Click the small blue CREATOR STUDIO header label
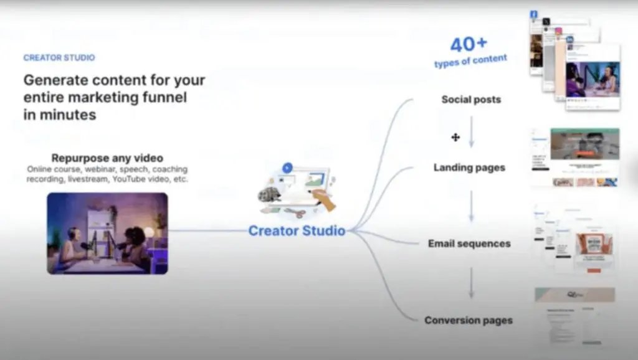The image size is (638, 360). (x=59, y=58)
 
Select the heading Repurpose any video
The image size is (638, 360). (x=107, y=158)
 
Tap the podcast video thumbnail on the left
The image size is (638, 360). (x=107, y=233)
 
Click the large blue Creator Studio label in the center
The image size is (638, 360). (x=297, y=231)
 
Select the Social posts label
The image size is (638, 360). (x=471, y=100)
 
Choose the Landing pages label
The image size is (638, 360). (x=469, y=168)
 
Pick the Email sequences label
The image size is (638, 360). (x=469, y=244)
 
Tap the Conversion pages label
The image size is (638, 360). (x=469, y=320)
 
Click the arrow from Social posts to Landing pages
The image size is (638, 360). (x=471, y=132)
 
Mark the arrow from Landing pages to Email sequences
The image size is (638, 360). (x=471, y=206)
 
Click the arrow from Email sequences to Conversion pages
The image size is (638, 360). (x=471, y=283)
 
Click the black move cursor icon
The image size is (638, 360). (x=455, y=137)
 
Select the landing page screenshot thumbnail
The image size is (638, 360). (x=574, y=157)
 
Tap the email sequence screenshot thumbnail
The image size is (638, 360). (x=574, y=239)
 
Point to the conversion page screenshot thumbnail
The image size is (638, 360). (x=574, y=316)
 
